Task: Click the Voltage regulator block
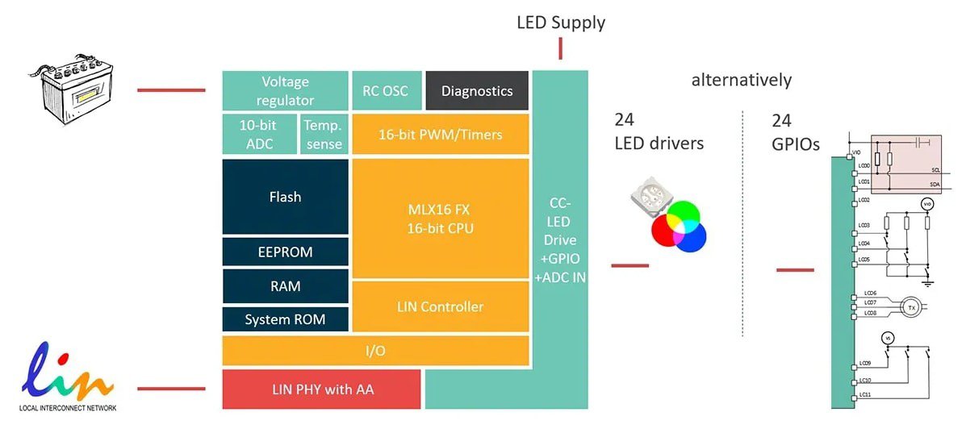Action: [285, 91]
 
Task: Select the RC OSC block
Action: [385, 91]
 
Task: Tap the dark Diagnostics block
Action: [476, 91]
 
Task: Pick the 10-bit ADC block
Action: [258, 135]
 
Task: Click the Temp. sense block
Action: [324, 135]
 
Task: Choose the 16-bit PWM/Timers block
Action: [440, 135]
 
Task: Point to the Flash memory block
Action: [285, 197]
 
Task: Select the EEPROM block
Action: [285, 252]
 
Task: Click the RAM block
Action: [285, 286]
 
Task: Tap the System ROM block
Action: [285, 319]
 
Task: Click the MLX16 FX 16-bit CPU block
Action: [440, 219]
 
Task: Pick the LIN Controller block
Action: [440, 306]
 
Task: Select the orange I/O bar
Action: [375, 351]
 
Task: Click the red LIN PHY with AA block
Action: [321, 389]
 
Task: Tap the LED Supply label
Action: [560, 23]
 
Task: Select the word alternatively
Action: [741, 80]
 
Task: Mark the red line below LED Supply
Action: [560, 48]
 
